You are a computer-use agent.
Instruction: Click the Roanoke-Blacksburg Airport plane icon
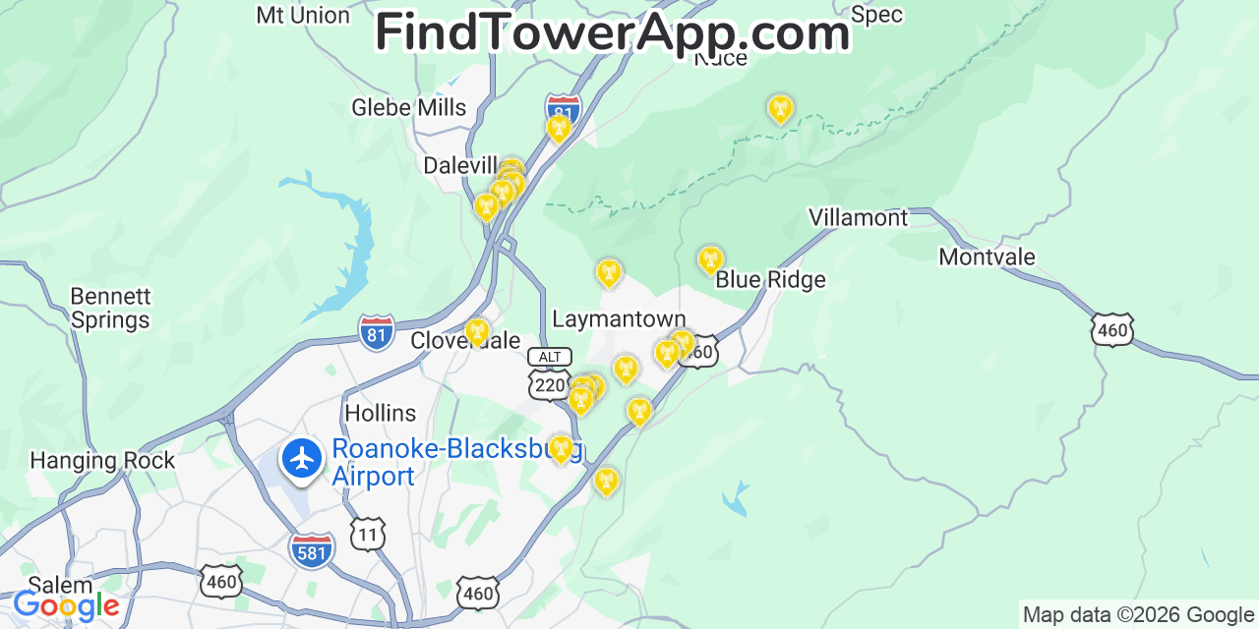click(x=302, y=458)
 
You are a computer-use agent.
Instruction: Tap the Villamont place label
click(x=858, y=217)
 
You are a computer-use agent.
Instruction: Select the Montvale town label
click(x=987, y=257)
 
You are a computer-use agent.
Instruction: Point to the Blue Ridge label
click(x=770, y=280)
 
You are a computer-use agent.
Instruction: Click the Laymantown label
click(x=619, y=319)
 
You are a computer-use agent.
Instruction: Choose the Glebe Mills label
click(x=409, y=107)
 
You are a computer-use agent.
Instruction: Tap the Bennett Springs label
click(x=110, y=309)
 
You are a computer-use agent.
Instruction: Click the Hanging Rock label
click(x=102, y=460)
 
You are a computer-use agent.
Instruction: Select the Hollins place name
click(x=380, y=413)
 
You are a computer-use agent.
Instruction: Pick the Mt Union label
click(x=303, y=16)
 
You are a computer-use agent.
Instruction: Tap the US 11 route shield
click(x=368, y=534)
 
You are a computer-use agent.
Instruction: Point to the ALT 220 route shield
click(x=549, y=373)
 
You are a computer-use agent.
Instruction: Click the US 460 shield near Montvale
click(x=1112, y=330)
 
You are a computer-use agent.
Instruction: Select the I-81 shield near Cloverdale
click(x=377, y=332)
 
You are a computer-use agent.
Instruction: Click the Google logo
click(x=66, y=605)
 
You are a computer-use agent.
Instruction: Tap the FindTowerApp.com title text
click(x=612, y=32)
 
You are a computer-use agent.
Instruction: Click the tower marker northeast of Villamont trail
click(x=780, y=108)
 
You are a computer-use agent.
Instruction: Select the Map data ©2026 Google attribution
click(x=1138, y=615)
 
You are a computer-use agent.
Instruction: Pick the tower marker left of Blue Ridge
click(x=710, y=260)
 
